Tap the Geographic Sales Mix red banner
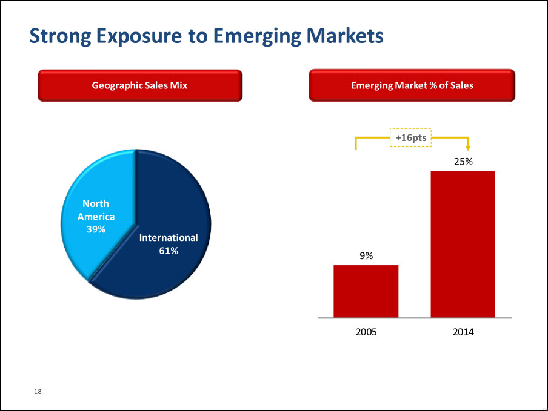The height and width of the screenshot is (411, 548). coord(140,85)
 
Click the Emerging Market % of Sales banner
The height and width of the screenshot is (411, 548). coord(412,85)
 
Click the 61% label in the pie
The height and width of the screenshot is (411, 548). coord(169,251)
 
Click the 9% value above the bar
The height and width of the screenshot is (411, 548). coord(366,256)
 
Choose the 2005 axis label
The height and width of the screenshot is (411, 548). coord(366,332)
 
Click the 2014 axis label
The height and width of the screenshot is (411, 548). coord(463,332)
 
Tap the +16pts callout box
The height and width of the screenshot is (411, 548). coord(411,138)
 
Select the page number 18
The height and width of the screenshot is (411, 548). coord(38,393)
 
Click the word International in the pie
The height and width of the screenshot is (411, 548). coord(169,238)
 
